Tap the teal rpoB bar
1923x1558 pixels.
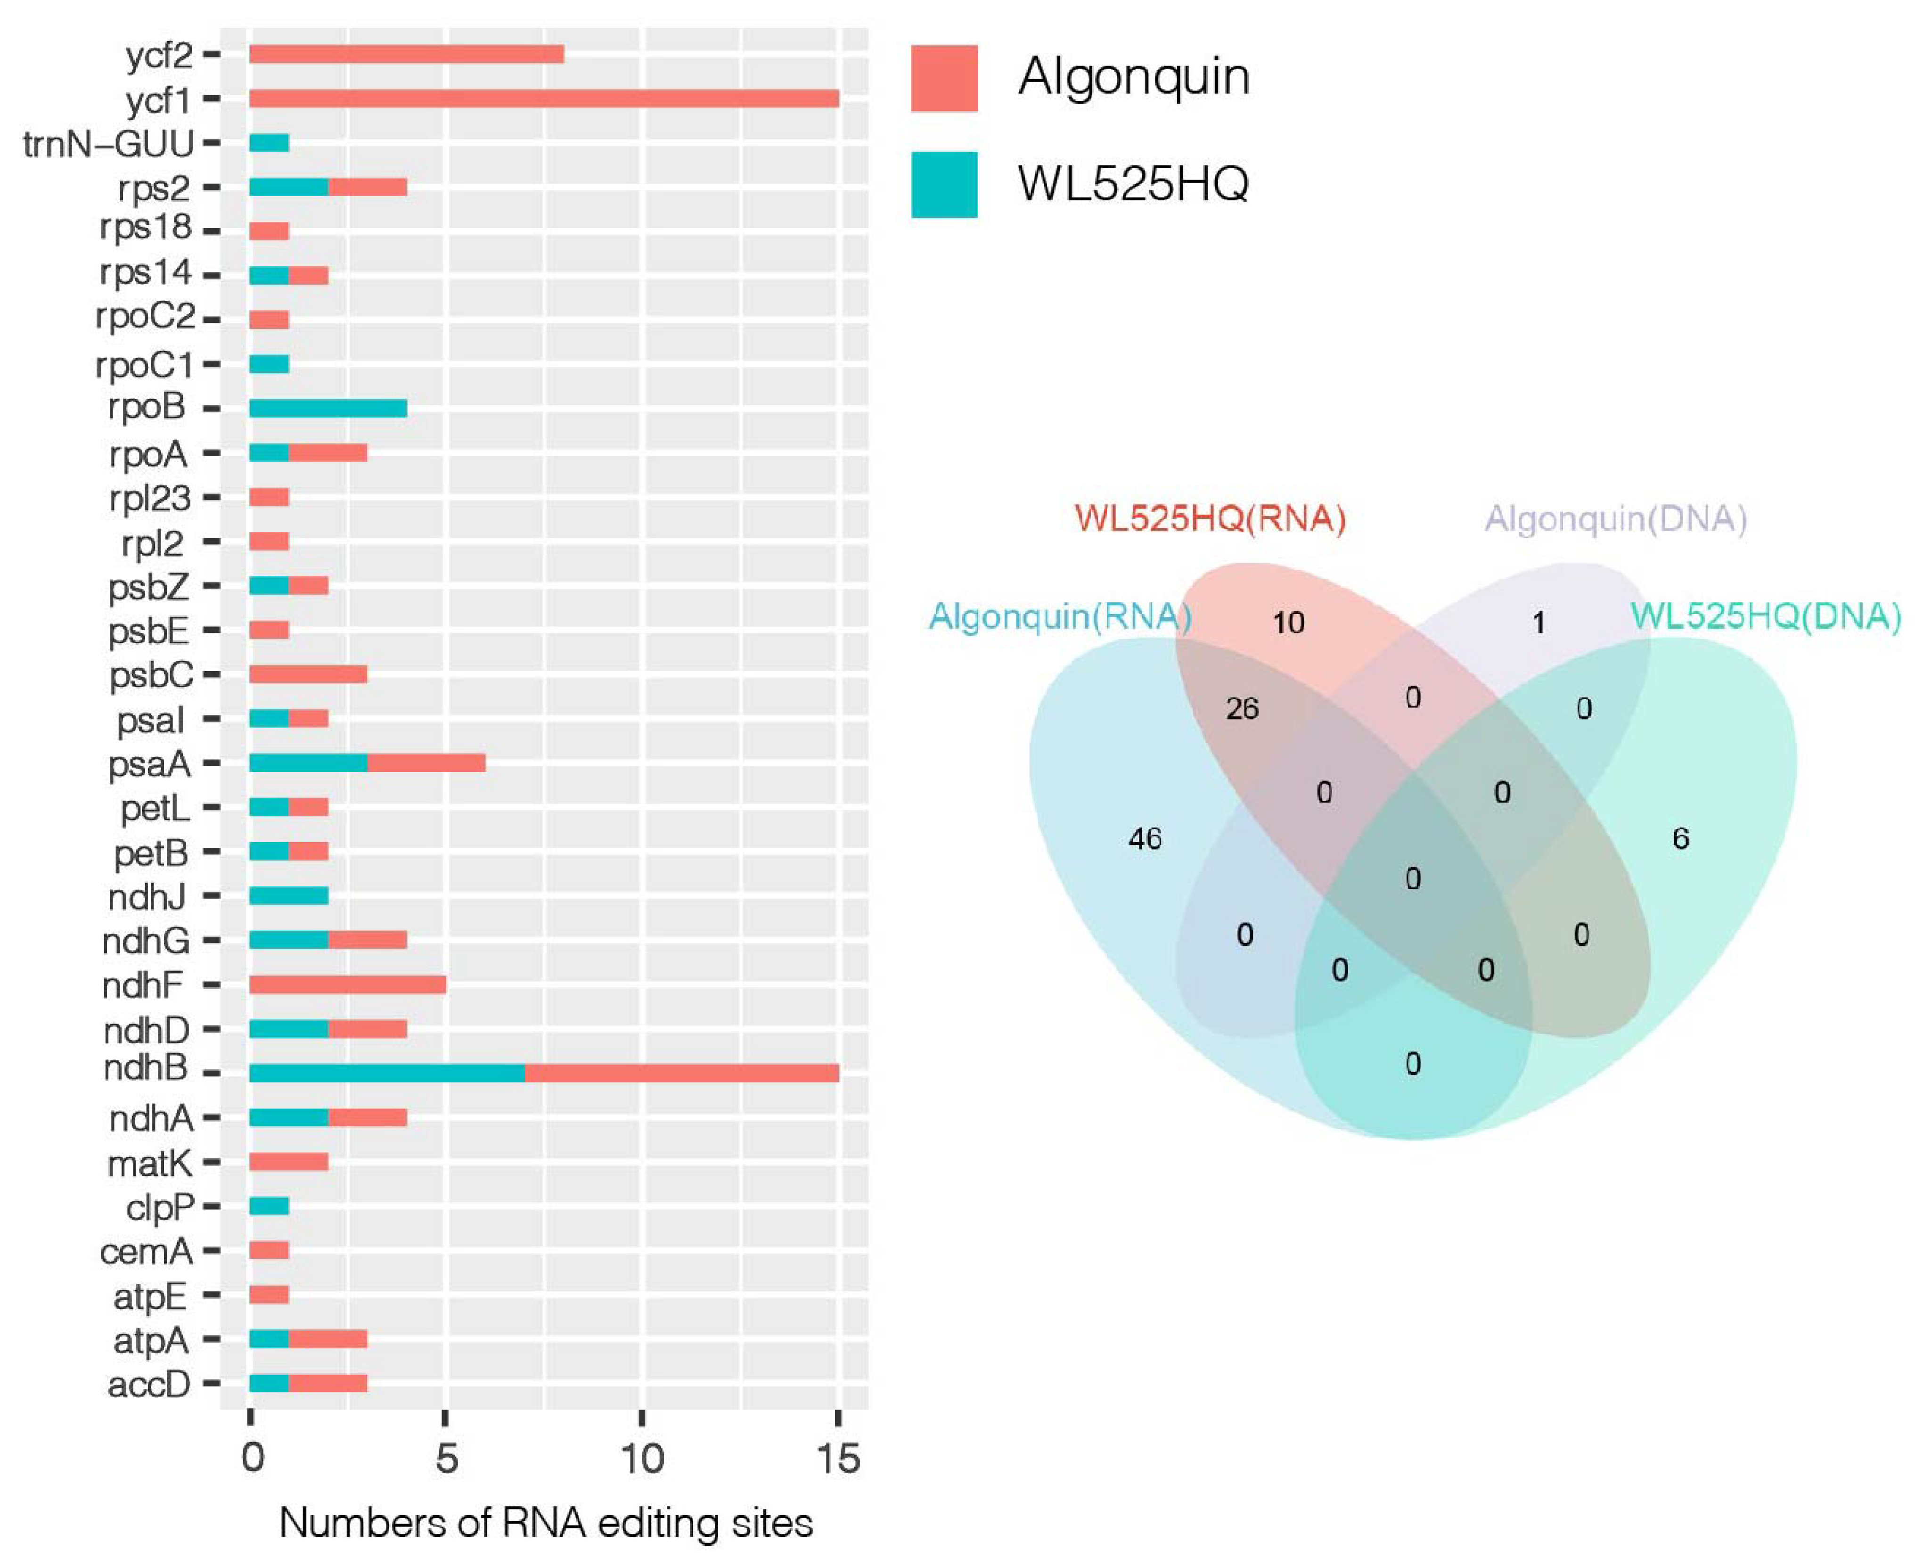coord(327,408)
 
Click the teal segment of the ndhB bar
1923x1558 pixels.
coord(387,1073)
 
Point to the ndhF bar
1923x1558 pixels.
coord(347,984)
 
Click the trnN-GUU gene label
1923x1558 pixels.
coord(108,144)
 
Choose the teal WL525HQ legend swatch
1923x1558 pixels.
coord(944,184)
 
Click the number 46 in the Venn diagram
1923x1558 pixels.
coord(1145,839)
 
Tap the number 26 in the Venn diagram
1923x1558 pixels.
coord(1242,709)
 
